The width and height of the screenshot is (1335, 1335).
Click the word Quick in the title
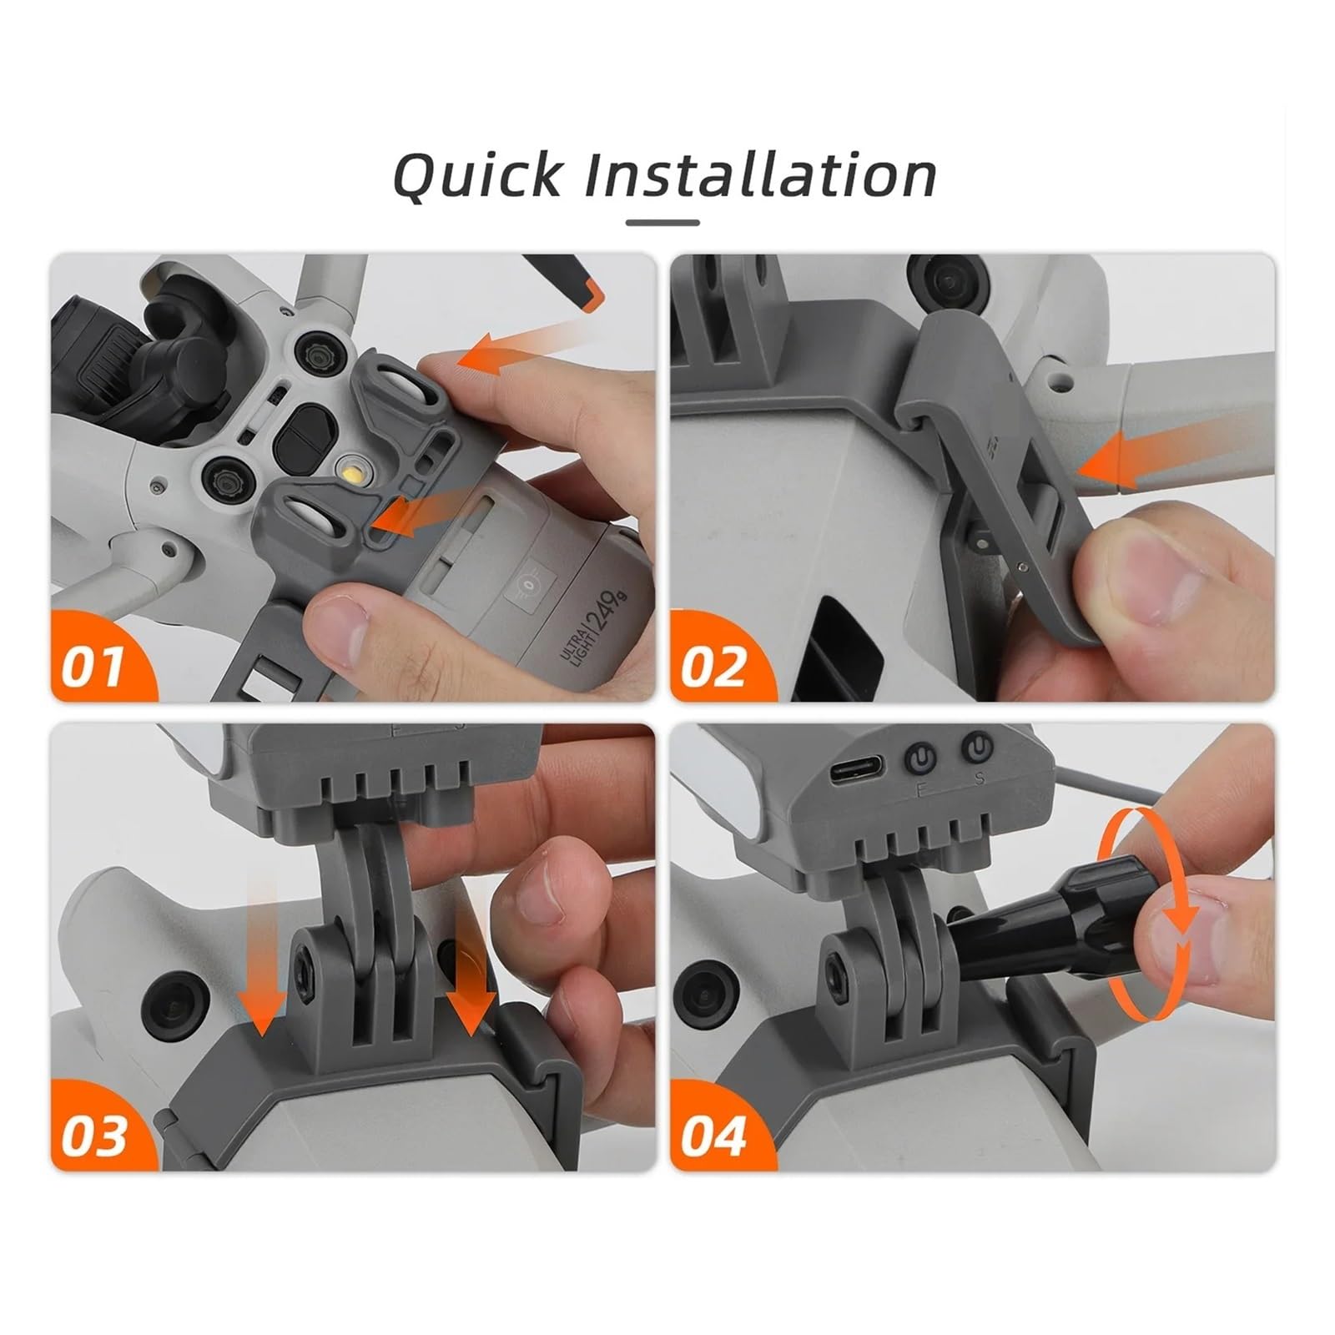point(477,175)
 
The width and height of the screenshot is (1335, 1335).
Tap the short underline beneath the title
point(662,223)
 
